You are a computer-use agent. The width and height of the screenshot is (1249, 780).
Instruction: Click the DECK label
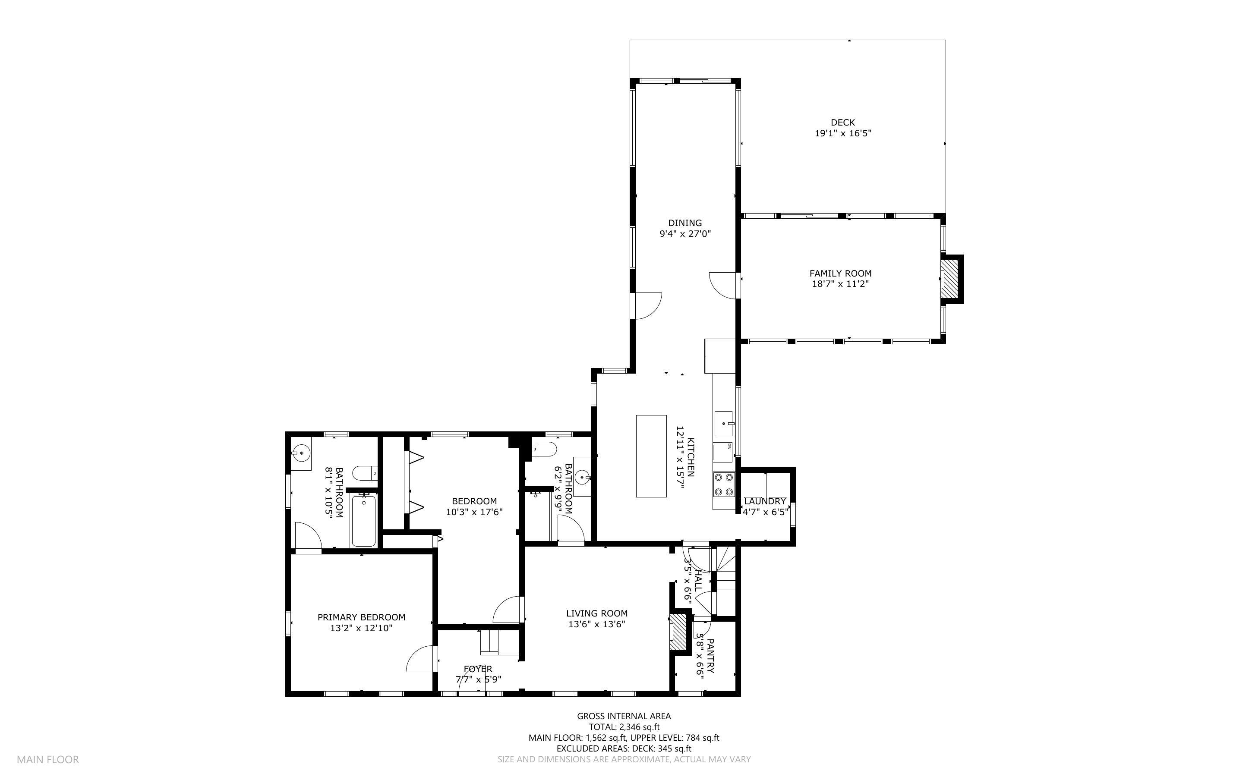(842, 122)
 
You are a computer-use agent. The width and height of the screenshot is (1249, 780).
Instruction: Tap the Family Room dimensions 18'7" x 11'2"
(840, 284)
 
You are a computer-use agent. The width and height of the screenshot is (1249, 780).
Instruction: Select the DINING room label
(684, 223)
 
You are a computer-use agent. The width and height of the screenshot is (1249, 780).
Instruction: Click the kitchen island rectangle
(651, 456)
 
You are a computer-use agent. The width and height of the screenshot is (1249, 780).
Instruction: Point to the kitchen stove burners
(723, 484)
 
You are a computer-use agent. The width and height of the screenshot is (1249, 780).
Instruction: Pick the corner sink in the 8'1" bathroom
(301, 453)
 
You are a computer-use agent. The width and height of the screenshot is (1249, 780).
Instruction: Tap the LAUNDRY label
(765, 501)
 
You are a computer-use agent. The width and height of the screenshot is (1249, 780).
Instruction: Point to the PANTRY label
(710, 656)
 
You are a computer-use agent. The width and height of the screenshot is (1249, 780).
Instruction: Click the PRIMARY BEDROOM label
(361, 617)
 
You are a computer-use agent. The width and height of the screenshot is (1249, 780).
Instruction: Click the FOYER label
(478, 669)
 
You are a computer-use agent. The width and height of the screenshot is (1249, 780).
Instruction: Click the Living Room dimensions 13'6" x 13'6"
(596, 624)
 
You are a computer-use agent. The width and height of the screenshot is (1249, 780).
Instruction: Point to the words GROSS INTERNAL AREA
(624, 716)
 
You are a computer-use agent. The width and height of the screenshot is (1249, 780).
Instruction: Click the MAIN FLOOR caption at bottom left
(48, 759)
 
